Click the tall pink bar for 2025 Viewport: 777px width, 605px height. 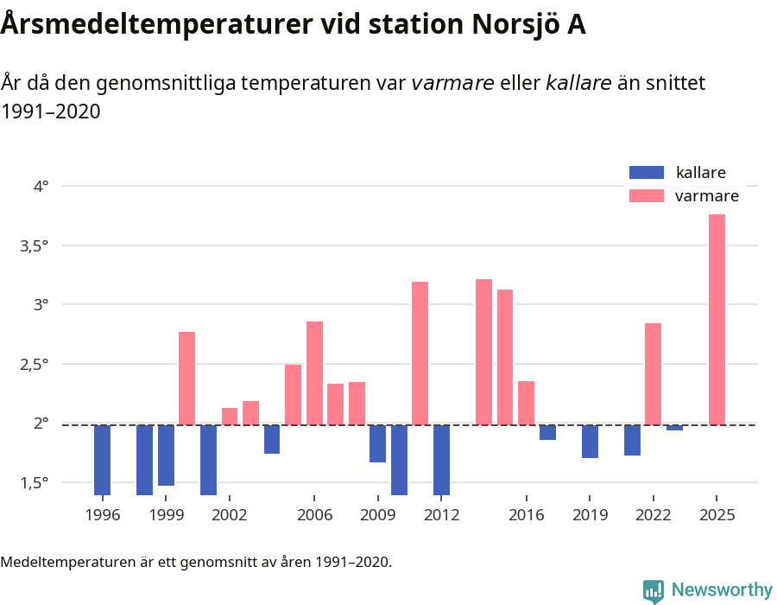717,319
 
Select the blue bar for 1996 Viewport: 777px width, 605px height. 102,460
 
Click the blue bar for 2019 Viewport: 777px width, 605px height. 590,441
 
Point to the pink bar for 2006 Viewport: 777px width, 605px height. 314,373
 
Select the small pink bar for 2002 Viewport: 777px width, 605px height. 230,416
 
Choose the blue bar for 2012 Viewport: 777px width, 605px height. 441,460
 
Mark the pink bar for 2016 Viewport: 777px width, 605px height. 526,403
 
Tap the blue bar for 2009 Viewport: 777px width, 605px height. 377,443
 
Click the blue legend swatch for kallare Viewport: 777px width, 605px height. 647,172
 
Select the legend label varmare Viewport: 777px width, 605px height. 706,196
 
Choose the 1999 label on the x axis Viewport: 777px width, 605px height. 166,515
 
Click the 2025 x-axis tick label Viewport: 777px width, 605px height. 717,515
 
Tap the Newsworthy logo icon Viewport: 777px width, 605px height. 653,590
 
